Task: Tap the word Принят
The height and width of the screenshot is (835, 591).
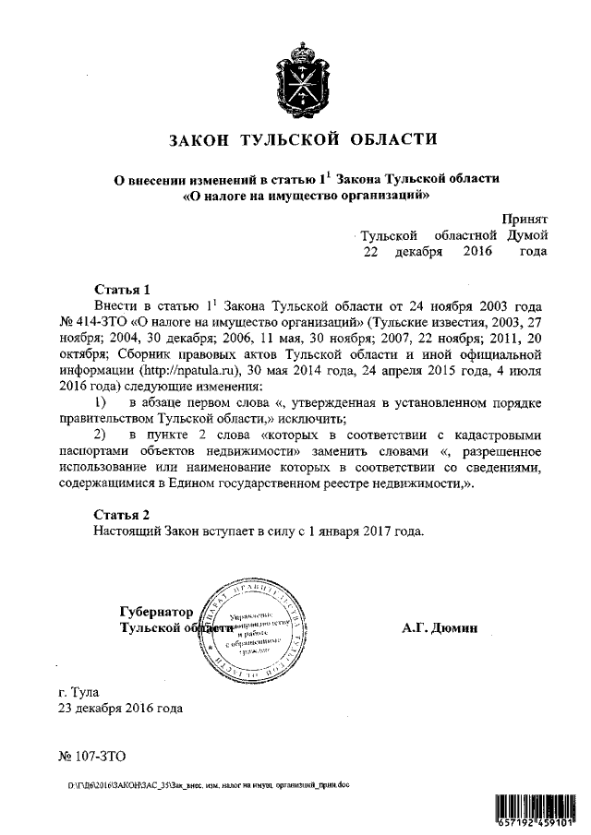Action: click(525, 219)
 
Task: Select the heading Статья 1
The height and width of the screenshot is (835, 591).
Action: click(121, 289)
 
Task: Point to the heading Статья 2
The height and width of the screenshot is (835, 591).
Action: click(121, 514)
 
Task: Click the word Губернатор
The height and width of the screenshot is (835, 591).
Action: click(157, 612)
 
